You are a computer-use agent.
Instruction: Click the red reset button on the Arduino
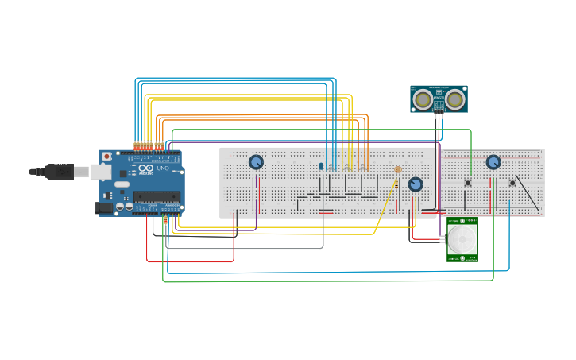pyautogui.click(x=106, y=157)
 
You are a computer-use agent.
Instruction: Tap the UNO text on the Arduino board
pyautogui.click(x=163, y=168)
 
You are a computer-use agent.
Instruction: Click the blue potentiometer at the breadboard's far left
pyautogui.click(x=256, y=162)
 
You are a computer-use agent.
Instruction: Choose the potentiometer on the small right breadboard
pyautogui.click(x=493, y=162)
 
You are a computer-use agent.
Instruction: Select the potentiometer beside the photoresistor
pyautogui.click(x=416, y=184)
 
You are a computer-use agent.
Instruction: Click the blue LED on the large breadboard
pyautogui.click(x=321, y=167)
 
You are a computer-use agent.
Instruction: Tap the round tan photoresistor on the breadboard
pyautogui.click(x=398, y=169)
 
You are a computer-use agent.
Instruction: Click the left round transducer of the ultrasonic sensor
pyautogui.click(x=423, y=99)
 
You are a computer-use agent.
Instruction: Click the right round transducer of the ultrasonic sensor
pyautogui.click(x=454, y=99)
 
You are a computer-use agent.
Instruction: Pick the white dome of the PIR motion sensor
pyautogui.click(x=462, y=238)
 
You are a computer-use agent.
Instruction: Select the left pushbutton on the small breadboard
pyautogui.click(x=467, y=183)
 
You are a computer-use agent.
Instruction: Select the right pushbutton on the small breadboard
pyautogui.click(x=512, y=183)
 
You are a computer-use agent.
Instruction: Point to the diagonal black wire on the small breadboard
pyautogui.click(x=527, y=192)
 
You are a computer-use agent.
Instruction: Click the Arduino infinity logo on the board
pyautogui.click(x=145, y=168)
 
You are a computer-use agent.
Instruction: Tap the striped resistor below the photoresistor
pyautogui.click(x=395, y=184)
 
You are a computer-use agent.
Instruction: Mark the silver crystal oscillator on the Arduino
pyautogui.click(x=122, y=184)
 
